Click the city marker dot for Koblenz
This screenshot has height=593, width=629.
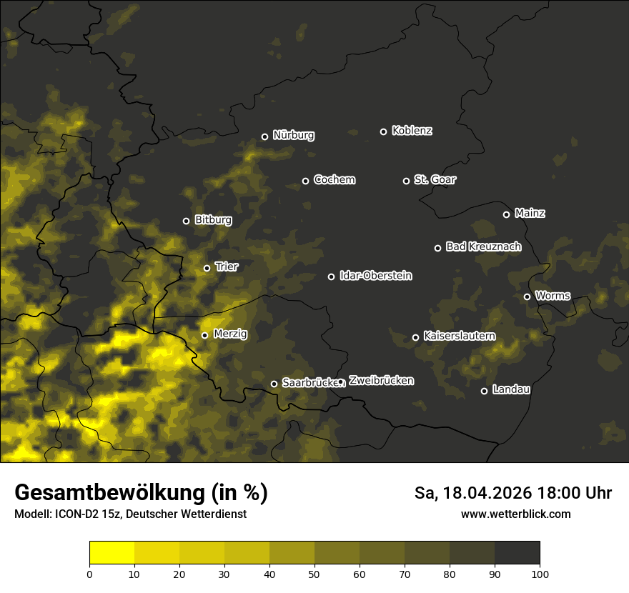tap(383, 131)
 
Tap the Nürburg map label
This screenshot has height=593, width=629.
tap(293, 135)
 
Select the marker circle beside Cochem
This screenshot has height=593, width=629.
tap(305, 181)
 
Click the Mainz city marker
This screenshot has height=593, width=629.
tap(506, 214)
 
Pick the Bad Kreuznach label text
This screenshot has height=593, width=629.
tap(483, 246)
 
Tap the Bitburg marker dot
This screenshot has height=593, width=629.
tap(186, 221)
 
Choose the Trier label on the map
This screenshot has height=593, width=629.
tap(227, 266)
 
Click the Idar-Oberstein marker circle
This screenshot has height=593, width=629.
tap(331, 276)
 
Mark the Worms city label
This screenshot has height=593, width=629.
tap(553, 295)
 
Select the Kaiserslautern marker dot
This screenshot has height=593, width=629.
tap(415, 337)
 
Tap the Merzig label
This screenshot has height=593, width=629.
tap(230, 334)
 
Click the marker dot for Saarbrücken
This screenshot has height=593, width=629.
tap(274, 384)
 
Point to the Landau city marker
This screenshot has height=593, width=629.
tap(484, 391)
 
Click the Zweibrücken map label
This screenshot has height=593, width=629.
tap(381, 381)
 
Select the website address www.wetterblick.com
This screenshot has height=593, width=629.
tap(515, 514)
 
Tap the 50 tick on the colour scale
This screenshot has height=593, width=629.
tap(314, 573)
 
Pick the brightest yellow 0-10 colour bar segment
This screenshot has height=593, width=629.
tap(112, 553)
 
